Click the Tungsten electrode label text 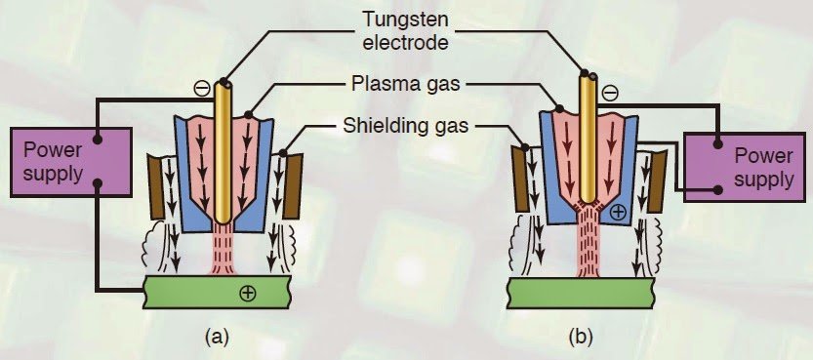tap(405, 30)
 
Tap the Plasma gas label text tap(405, 83)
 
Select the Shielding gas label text tap(406, 125)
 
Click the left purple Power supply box tap(70, 162)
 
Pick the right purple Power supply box tap(745, 167)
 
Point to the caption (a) tap(217, 338)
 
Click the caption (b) tap(580, 338)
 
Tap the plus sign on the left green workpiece tap(247, 294)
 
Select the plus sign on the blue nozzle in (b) tap(619, 212)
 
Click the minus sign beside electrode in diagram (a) tap(203, 88)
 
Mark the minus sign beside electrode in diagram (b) tap(610, 94)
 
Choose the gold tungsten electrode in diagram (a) tap(223, 152)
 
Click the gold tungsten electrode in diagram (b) tap(588, 138)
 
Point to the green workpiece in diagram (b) tap(580, 293)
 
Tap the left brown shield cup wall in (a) tap(155, 186)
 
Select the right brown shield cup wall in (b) tap(658, 181)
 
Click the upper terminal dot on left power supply tap(97, 139)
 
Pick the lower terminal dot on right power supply tap(717, 190)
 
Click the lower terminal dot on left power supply tap(97, 183)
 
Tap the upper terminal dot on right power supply tap(717, 144)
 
